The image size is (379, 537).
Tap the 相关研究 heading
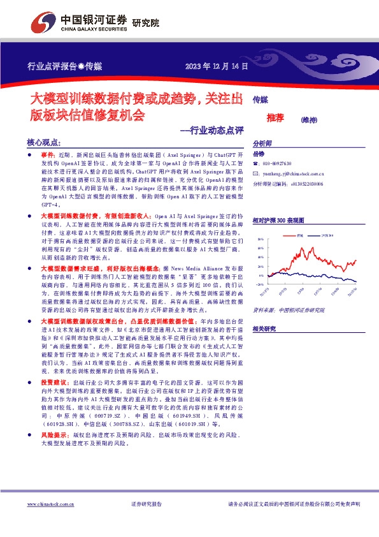coord(264,328)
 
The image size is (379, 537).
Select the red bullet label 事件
coord(48,155)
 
